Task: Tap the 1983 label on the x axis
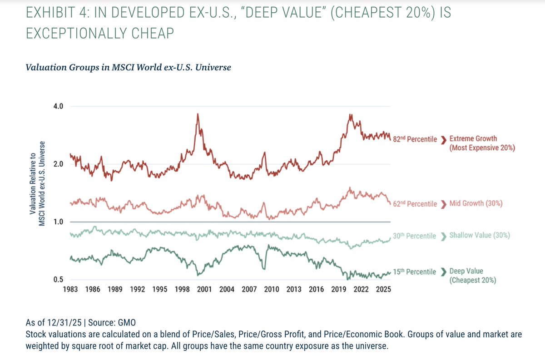pos(71,289)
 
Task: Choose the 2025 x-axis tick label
pos(383,289)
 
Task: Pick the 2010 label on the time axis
pos(272,289)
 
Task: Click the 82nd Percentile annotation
pos(415,139)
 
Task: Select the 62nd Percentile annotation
pos(415,204)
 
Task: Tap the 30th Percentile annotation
pos(414,236)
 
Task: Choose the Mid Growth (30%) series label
pos(476,204)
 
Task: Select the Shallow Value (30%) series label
pos(479,236)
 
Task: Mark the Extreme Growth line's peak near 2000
pos(198,114)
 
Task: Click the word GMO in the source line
pos(127,322)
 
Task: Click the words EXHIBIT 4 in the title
pos(56,15)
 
